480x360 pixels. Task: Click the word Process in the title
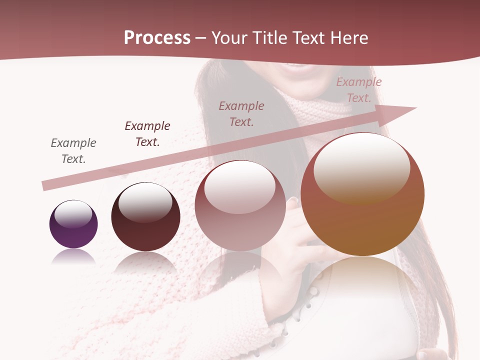click(x=157, y=38)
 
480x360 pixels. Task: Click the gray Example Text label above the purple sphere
click(x=73, y=151)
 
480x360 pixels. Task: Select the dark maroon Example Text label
click(x=147, y=134)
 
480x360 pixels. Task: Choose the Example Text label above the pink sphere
click(x=241, y=113)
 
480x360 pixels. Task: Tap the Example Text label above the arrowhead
click(x=359, y=90)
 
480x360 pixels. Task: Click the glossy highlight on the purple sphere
click(x=73, y=214)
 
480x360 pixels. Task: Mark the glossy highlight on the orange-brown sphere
click(x=361, y=167)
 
